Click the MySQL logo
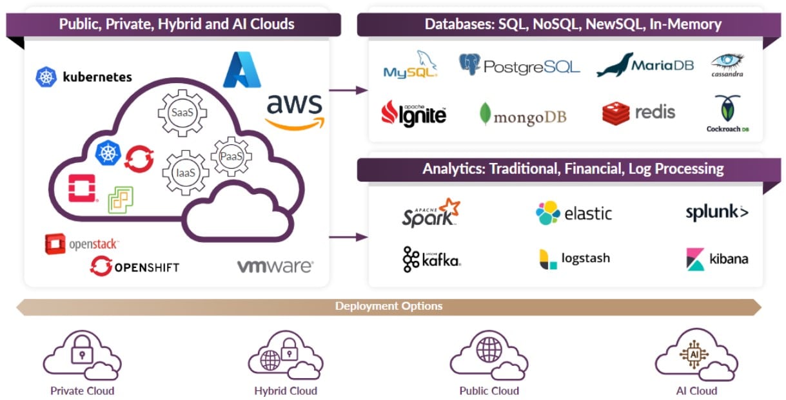point(411,65)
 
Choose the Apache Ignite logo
point(414,113)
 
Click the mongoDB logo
point(522,115)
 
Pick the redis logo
point(638,113)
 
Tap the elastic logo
point(574,213)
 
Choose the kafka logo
point(431,259)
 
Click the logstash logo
point(574,259)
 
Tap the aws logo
point(295,110)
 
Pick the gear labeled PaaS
point(231,157)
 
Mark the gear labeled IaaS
point(185,172)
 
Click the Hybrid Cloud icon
point(285,358)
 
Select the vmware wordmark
point(275,266)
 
